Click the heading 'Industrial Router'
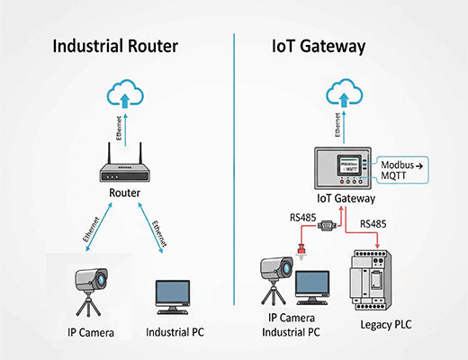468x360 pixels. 116,45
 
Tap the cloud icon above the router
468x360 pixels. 126,92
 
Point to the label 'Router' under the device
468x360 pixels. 125,193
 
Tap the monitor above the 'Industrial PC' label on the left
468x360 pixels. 172,295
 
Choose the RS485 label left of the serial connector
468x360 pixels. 301,216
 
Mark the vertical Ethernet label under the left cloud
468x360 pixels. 119,128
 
